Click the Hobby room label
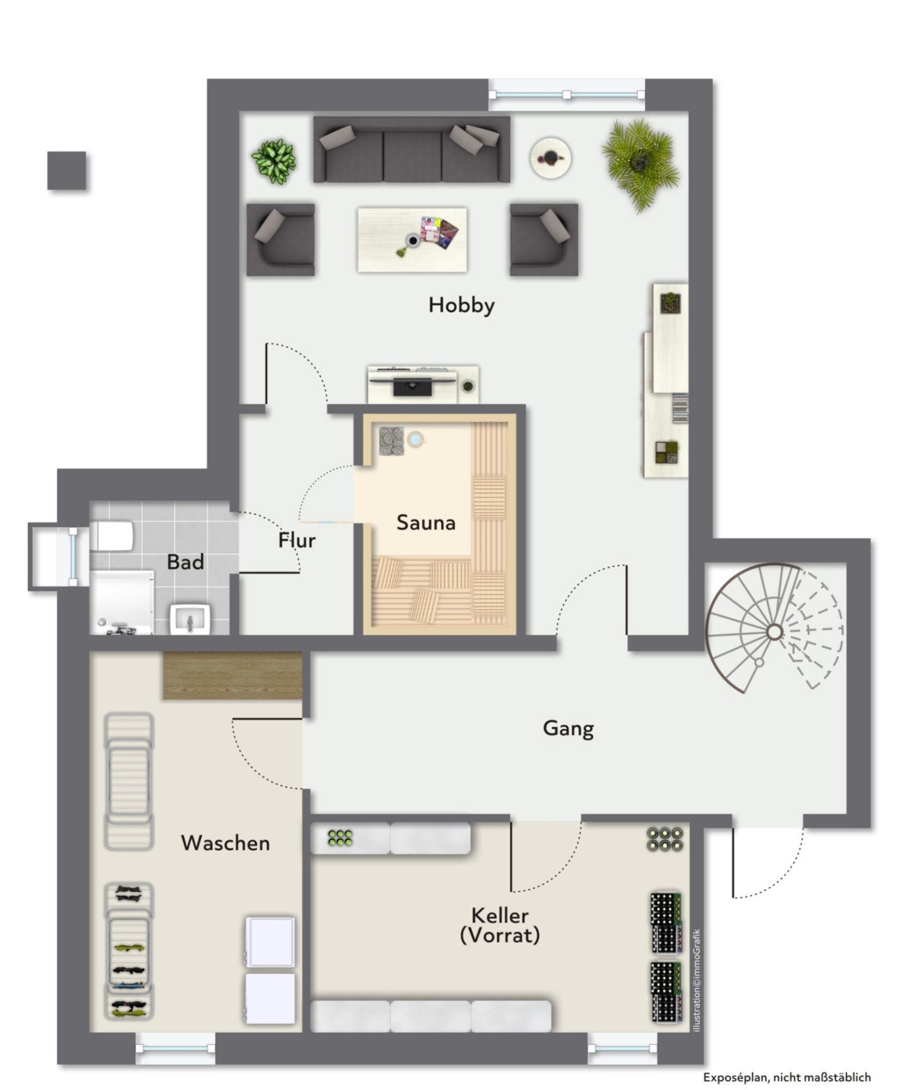coord(461,306)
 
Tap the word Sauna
coord(426,522)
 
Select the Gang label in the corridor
coord(568,729)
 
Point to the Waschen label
coord(225,843)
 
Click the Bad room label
coord(185,561)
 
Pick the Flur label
coord(297,540)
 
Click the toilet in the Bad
coord(111,536)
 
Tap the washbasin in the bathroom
coord(190,619)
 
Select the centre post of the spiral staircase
coord(774,632)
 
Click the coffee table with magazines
coord(412,239)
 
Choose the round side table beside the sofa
coord(551,157)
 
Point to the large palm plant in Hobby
coord(641,163)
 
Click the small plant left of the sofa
coord(274,161)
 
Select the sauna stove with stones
coord(391,440)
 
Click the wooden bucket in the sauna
coord(416,439)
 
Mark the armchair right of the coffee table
coord(544,240)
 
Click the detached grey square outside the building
coord(67,171)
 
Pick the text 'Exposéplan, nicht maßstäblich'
coord(787,1077)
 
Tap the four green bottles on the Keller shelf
coord(340,838)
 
